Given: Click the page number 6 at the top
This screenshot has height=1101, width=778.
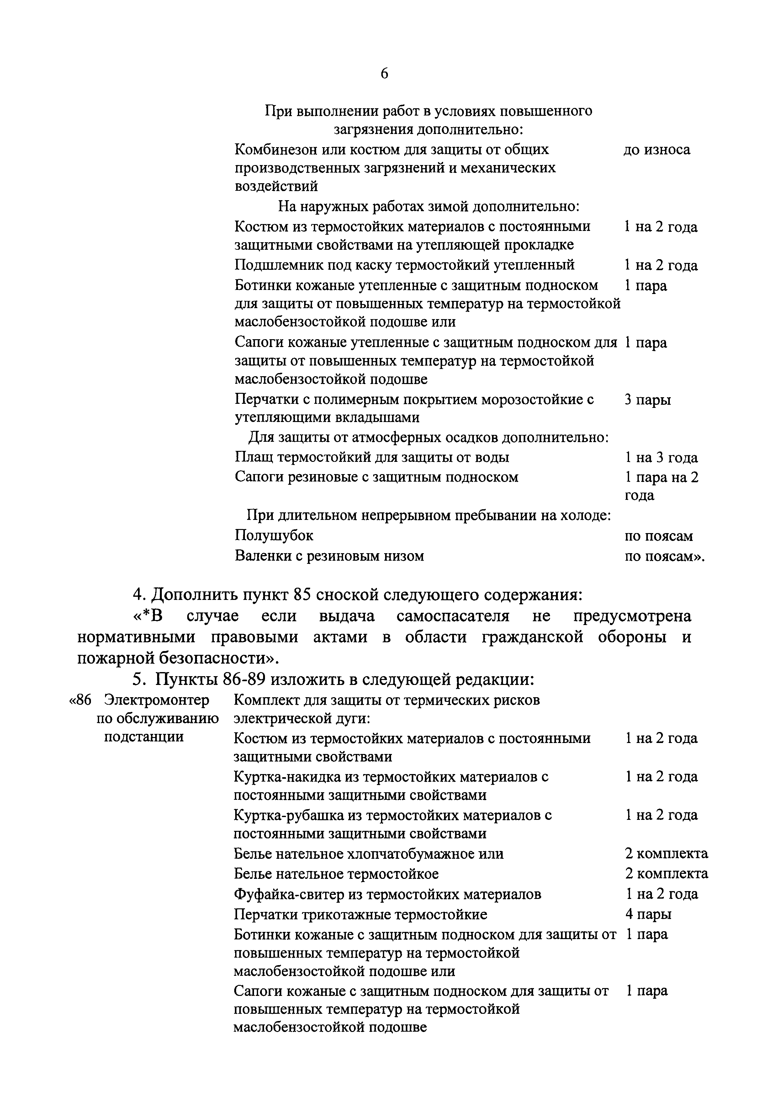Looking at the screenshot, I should point(384,73).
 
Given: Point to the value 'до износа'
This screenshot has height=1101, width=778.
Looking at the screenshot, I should point(657,150).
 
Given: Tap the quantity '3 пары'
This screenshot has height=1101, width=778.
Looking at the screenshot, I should point(648,399).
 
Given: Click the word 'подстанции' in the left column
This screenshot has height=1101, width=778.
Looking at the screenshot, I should point(144,736).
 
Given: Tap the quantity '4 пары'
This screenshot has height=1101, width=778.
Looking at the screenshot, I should point(648,914).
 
